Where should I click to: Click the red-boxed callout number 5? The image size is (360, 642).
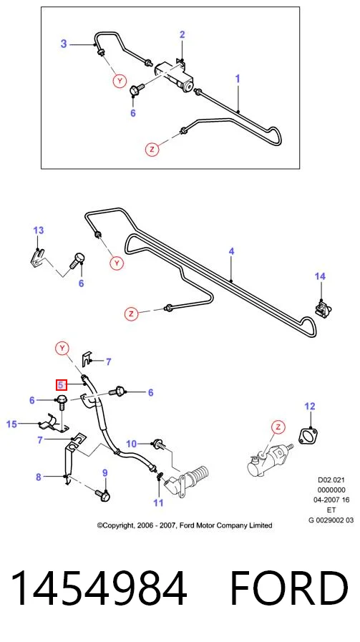tap(61, 385)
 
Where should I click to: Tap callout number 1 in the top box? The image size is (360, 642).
tap(238, 79)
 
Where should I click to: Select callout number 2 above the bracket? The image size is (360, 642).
tap(183, 34)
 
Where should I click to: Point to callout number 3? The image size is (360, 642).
tap(64, 44)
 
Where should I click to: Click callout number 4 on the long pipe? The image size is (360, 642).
tap(231, 251)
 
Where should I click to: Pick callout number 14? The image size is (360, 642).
tap(320, 276)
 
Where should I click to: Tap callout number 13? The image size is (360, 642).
tap(38, 230)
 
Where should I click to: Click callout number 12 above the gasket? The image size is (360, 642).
tap(310, 406)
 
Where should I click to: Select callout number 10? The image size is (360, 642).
tap(131, 444)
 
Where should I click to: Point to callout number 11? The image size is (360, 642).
tap(158, 502)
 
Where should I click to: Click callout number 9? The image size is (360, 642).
tap(104, 473)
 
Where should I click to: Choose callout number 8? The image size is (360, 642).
tap(39, 477)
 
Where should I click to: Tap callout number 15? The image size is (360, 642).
tap(12, 424)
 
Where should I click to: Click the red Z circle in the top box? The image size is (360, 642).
tap(152, 150)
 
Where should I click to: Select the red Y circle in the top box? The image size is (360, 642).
tap(120, 82)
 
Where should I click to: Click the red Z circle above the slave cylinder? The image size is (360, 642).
tap(278, 427)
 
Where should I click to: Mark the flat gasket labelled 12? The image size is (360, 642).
tap(308, 436)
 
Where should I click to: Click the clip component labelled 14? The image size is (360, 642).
tap(323, 308)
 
